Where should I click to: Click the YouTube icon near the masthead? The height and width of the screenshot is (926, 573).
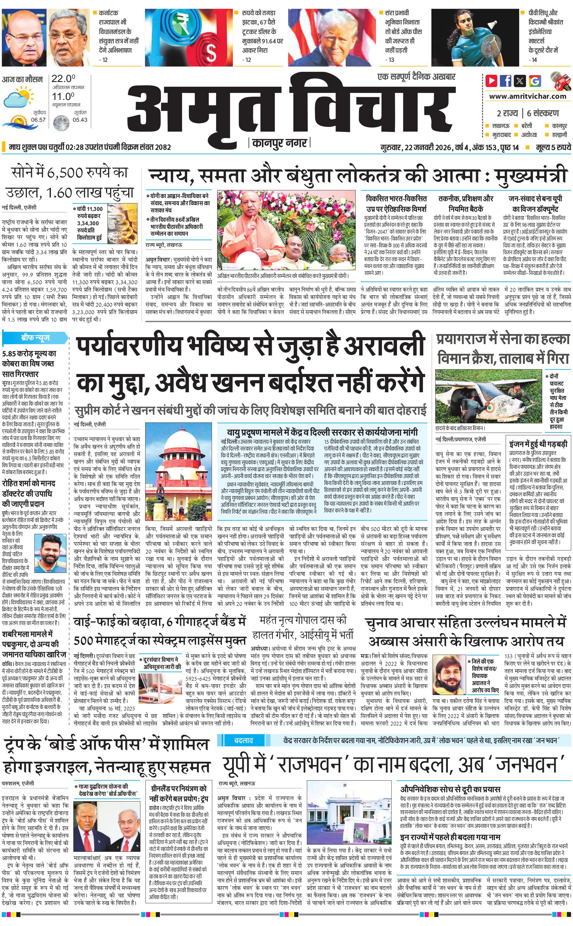point(492,81)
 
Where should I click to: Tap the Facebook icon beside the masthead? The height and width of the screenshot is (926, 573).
point(506,81)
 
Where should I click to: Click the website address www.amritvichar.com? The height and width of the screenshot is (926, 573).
point(527,96)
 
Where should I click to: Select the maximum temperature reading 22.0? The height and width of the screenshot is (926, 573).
point(63,79)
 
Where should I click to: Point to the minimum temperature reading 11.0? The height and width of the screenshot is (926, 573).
point(63,96)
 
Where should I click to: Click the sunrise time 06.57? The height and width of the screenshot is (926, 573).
point(38,120)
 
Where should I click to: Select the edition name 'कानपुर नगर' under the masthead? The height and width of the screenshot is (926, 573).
point(279,143)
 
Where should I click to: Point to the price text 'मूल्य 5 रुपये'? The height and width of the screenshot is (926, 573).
point(553,147)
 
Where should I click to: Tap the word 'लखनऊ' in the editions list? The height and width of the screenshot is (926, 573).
point(501,125)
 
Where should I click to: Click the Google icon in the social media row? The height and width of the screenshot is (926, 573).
point(535,81)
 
